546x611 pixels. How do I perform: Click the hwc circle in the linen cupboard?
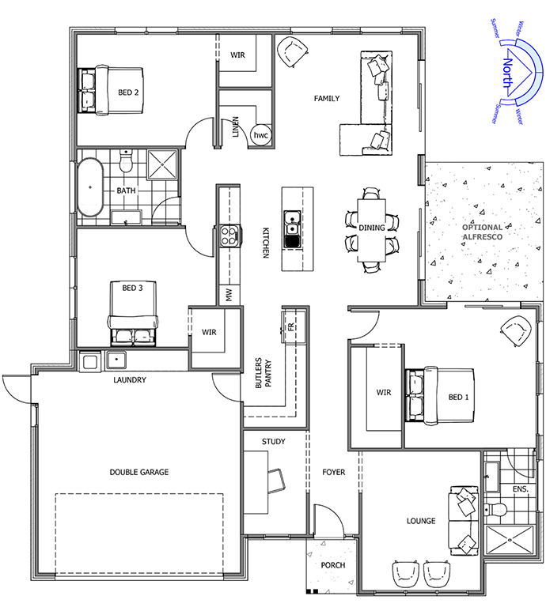(261, 135)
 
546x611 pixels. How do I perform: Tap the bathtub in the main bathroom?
(90, 187)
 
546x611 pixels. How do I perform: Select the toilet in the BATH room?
(126, 161)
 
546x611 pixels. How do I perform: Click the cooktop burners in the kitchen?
(229, 236)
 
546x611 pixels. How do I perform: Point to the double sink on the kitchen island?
(292, 229)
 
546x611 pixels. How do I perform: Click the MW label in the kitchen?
(229, 295)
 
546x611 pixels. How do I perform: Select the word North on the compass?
(507, 73)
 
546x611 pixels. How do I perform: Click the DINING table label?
(372, 228)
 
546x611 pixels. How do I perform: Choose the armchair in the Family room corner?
(292, 52)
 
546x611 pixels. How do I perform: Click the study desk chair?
(276, 481)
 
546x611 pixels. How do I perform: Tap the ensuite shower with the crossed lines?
(510, 540)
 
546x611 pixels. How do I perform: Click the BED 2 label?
(128, 92)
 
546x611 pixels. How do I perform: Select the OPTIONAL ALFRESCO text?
(483, 232)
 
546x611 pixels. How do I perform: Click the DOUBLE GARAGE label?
(139, 472)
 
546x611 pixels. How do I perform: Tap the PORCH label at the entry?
(333, 565)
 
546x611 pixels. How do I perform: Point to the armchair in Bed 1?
(516, 331)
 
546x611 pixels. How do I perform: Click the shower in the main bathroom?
(162, 165)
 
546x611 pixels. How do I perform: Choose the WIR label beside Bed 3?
(209, 333)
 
